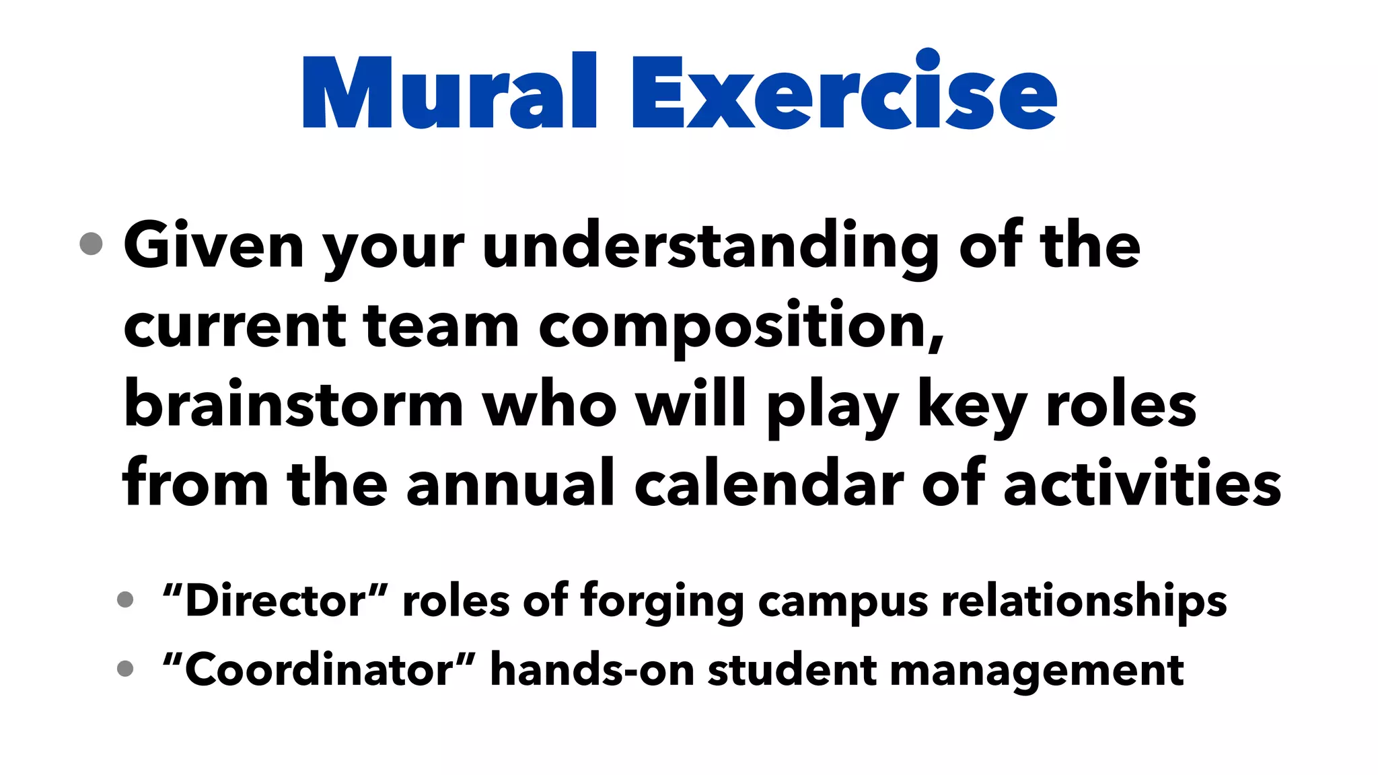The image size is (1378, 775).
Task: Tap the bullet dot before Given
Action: pos(91,244)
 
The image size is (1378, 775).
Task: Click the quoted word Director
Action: pos(275,601)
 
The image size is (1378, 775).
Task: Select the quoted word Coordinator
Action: pos(319,670)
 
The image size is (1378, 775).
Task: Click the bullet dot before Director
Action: pos(125,599)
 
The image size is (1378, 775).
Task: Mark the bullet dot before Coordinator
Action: pos(125,669)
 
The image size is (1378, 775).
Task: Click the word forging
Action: pos(662,602)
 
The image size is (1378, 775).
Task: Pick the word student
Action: pos(792,670)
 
